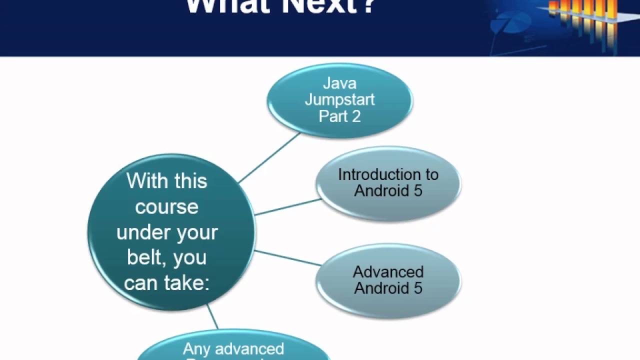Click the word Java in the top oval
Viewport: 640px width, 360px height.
(339, 82)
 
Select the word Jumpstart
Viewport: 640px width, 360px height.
(339, 99)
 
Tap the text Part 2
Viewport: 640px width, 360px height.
(339, 116)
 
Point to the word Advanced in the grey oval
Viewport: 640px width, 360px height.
(388, 272)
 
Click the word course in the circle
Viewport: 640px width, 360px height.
(166, 206)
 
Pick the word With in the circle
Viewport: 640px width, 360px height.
(145, 180)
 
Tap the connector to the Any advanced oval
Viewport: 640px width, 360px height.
(212, 317)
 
